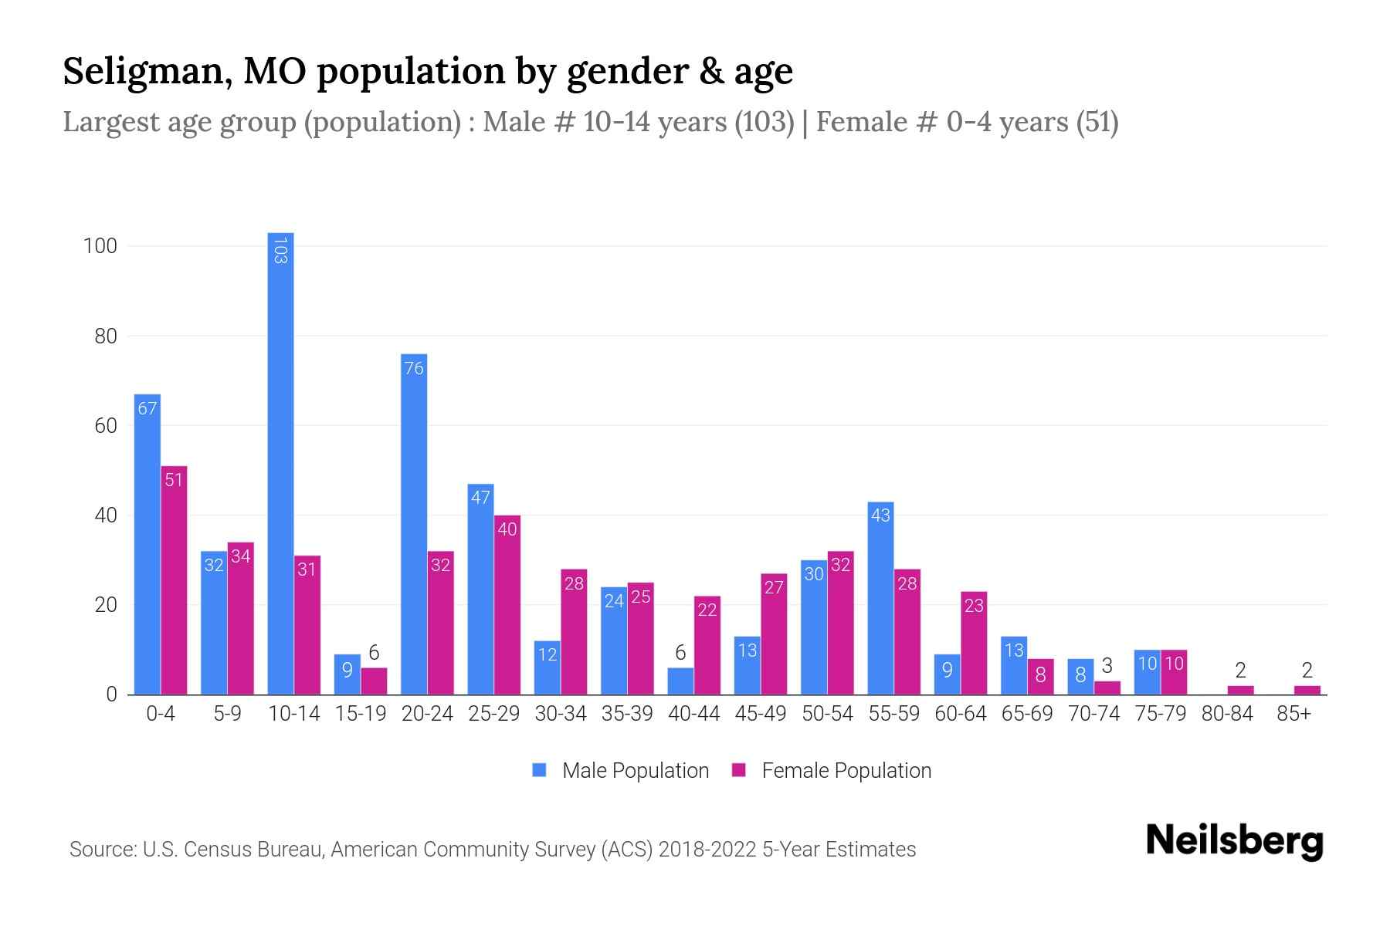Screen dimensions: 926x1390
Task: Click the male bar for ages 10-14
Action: tap(280, 463)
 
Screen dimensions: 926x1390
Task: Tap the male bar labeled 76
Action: tap(414, 525)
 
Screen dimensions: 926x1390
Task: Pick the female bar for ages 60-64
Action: tap(974, 644)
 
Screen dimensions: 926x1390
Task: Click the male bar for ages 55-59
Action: tap(880, 599)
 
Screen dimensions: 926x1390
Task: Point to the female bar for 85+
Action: tap(1307, 690)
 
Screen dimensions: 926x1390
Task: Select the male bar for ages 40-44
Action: tap(680, 681)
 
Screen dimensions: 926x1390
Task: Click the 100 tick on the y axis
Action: tap(100, 246)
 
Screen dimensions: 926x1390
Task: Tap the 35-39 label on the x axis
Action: tap(627, 714)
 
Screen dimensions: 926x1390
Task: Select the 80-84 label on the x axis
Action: tap(1227, 714)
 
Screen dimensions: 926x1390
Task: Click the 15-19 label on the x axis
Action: tap(361, 714)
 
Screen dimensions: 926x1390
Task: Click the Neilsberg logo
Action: tap(1234, 841)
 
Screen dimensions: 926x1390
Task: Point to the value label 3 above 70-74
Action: tap(1107, 666)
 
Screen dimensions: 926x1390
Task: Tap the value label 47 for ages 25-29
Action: tap(480, 498)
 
